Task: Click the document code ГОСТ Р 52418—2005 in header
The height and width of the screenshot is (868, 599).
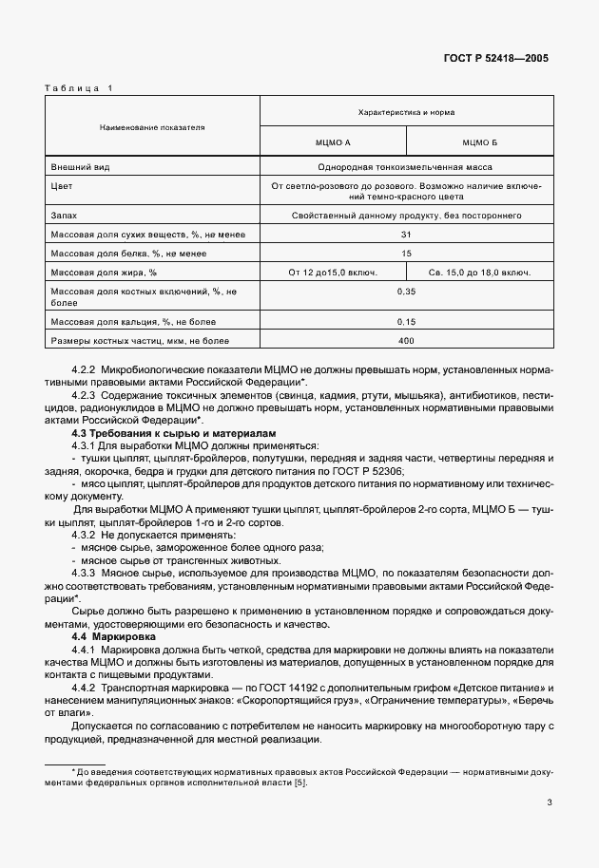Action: coord(496,58)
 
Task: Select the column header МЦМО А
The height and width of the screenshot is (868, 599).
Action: coord(333,142)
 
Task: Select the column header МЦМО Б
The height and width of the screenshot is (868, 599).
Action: coord(480,142)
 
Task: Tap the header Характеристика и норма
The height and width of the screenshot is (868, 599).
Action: coord(406,112)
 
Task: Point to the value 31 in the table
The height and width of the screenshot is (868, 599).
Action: coord(406,234)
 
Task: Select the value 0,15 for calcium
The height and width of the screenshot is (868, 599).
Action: coord(406,321)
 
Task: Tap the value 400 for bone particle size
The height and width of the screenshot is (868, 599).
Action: coord(406,340)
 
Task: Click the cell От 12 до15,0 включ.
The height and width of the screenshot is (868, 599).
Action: coord(333,272)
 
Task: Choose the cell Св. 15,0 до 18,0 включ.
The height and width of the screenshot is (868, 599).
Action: coord(480,272)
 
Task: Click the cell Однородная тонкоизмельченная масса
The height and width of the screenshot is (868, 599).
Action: coord(406,167)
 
